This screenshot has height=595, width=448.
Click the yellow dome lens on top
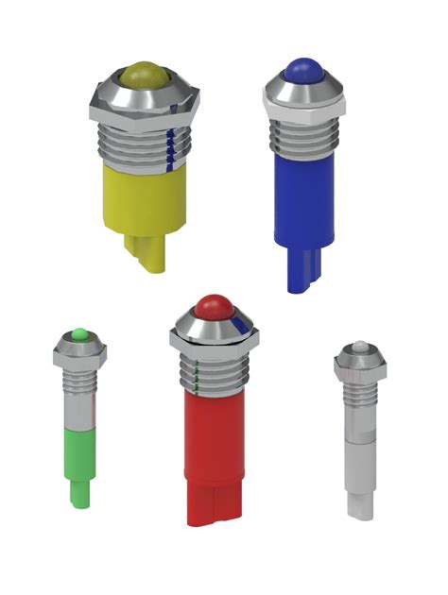tap(142, 74)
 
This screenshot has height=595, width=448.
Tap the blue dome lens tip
tap(301, 68)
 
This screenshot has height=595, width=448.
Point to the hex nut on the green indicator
tap(80, 354)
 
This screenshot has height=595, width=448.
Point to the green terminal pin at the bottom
tap(80, 496)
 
